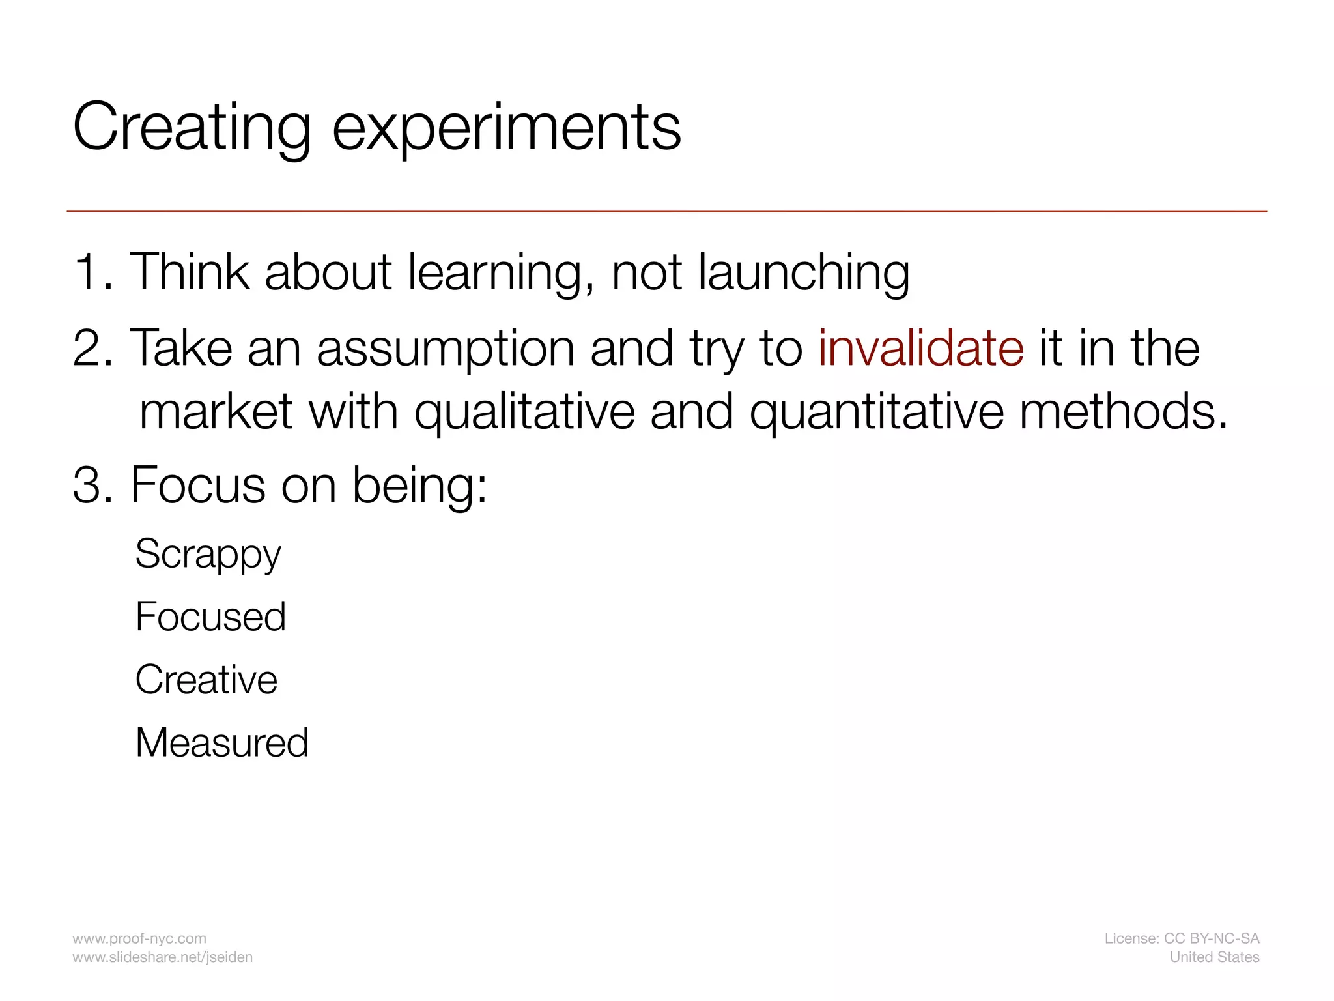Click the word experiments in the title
[506, 127]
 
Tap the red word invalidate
[920, 348]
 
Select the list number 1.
[91, 272]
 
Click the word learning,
[500, 272]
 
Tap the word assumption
[446, 349]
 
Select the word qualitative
[524, 412]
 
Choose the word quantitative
[876, 412]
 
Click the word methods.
[1123, 412]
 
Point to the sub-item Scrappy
[208, 555]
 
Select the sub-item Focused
[210, 617]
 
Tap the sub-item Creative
[206, 680]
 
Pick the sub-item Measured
[221, 742]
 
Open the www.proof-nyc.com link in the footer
[139, 938]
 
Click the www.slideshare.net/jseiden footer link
[162, 957]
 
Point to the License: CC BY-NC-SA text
[1182, 938]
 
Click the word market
[216, 412]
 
